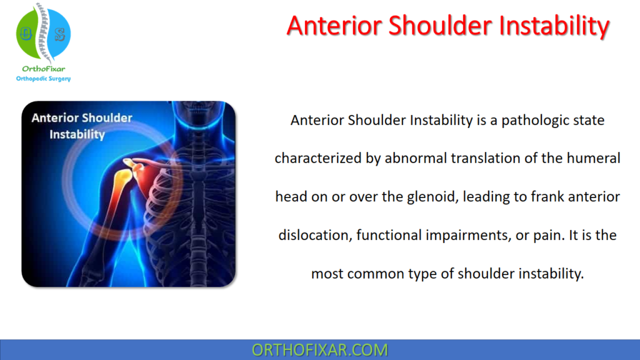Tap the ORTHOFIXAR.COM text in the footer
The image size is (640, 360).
coord(319,350)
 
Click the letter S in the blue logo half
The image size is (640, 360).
coord(60,35)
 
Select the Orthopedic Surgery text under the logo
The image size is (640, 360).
coord(43,79)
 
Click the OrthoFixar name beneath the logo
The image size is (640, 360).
coord(43,69)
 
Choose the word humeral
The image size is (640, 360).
coord(592,159)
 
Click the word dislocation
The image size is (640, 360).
coord(314,236)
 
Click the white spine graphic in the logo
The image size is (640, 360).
coord(42,34)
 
